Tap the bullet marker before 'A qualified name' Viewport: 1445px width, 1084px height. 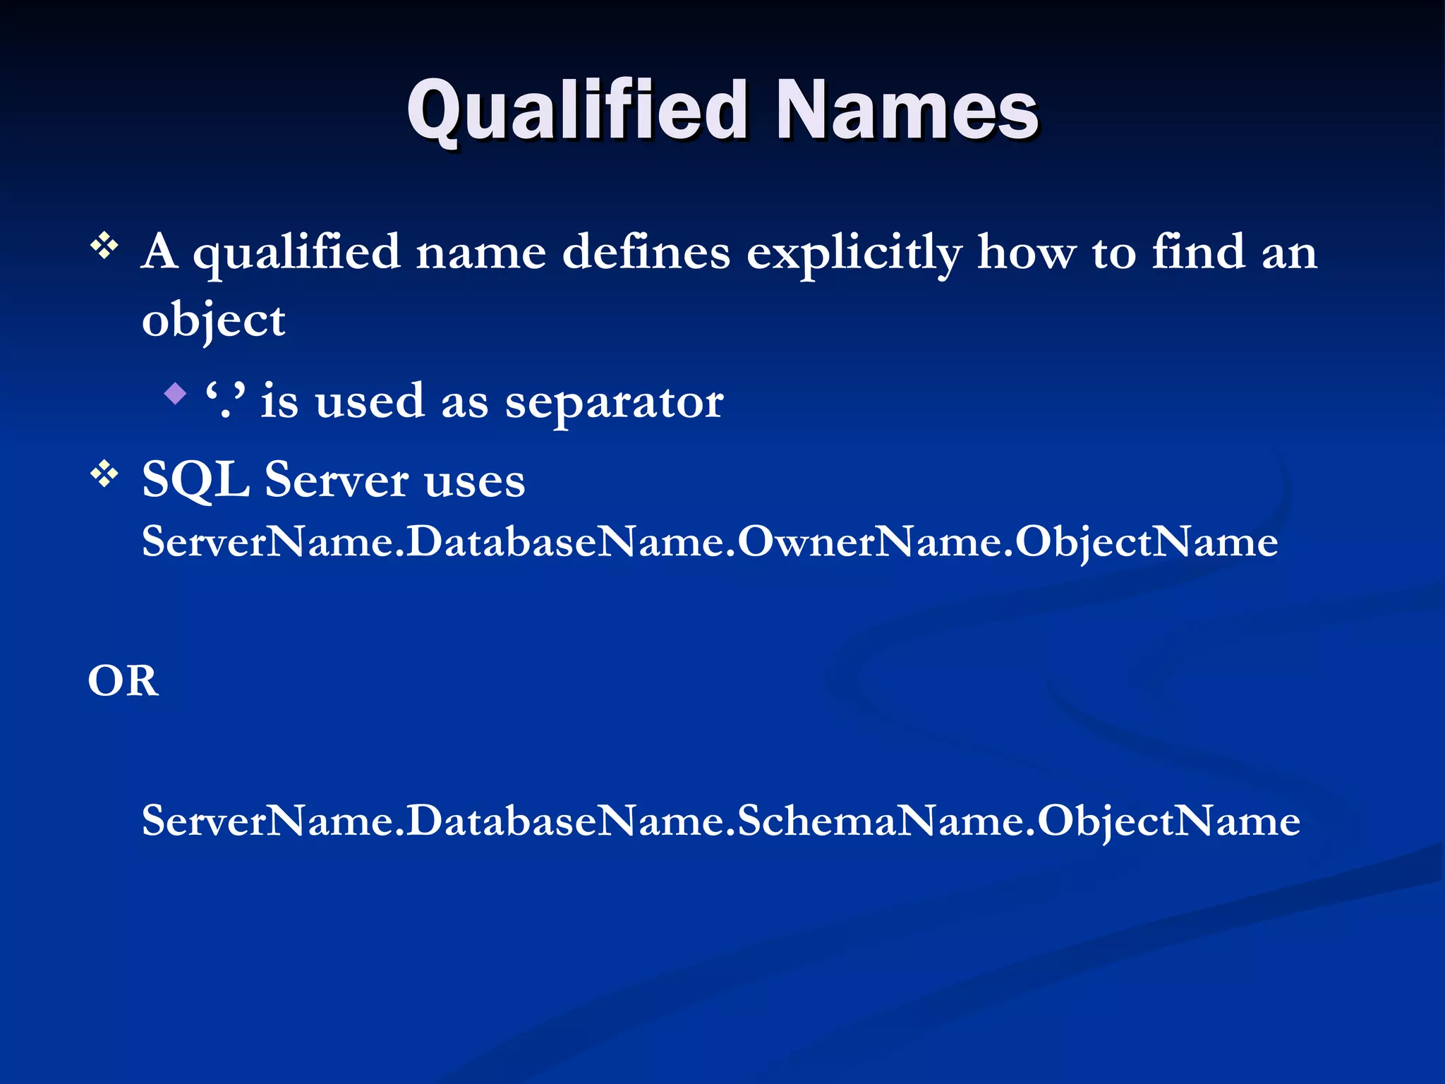point(104,247)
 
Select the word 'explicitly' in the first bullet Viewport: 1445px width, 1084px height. point(854,253)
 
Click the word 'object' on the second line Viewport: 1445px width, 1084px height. point(213,321)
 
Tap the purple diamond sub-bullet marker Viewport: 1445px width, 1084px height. point(175,393)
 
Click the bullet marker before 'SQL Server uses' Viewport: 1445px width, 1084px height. point(104,474)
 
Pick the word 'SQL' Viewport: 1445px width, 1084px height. point(195,480)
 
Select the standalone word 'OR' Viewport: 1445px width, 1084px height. point(123,681)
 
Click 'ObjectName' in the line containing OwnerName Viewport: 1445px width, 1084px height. point(1147,542)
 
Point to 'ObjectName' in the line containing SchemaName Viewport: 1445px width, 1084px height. point(1168,821)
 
